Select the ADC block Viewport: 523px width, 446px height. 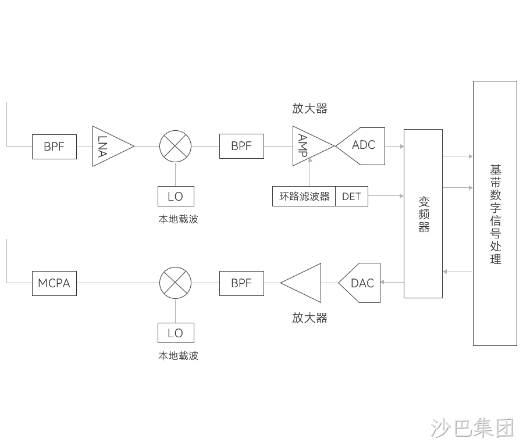pos(361,146)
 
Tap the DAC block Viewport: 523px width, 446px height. pos(360,283)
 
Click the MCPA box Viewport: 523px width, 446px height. pos(54,283)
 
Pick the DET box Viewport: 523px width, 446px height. pos(351,197)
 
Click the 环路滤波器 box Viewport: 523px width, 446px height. pos(304,197)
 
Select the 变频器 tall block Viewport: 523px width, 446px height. pos(424,213)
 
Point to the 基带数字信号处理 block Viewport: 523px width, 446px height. pos(495,213)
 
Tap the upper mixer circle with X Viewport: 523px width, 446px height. pos(176,146)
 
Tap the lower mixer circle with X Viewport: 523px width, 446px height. pos(176,283)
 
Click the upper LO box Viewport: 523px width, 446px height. pos(176,197)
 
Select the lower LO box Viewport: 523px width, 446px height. pos(176,333)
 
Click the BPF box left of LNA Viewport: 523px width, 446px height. pos(54,147)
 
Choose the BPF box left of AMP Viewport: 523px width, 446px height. pos(241,146)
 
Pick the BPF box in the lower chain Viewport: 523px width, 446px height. pos(241,283)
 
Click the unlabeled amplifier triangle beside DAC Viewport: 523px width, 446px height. pos(301,283)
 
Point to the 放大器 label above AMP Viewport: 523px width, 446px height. pos(310,109)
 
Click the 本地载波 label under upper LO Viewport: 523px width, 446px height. pos(179,219)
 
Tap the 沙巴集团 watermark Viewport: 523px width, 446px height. pos(472,427)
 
